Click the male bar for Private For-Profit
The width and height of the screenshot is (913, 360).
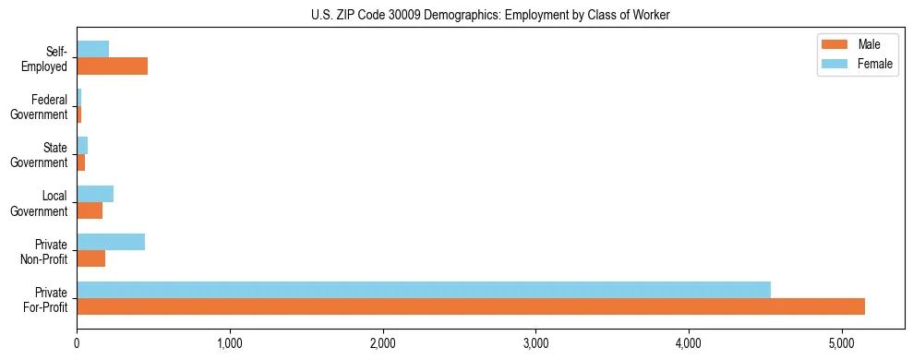[471, 306]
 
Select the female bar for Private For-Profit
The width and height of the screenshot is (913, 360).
[424, 290]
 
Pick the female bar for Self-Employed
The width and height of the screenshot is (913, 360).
[92, 49]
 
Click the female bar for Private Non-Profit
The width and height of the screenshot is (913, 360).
[111, 242]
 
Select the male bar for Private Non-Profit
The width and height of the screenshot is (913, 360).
[90, 258]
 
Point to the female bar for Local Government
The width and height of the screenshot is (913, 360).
[95, 194]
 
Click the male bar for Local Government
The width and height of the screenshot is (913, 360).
[90, 210]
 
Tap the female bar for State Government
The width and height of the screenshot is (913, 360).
[82, 146]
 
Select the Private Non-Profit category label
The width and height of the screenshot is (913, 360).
[45, 250]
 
